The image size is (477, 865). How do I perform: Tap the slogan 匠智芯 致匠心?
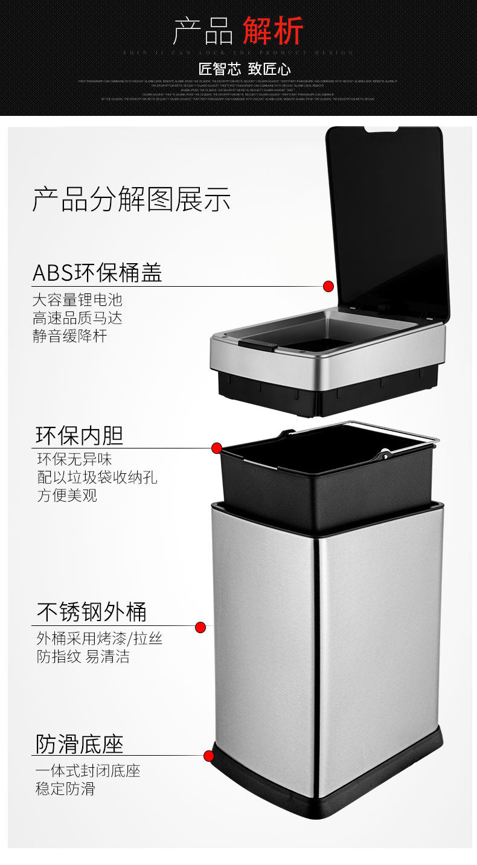[x=245, y=68]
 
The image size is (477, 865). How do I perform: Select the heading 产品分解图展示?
[x=131, y=199]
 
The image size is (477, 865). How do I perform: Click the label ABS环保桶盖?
[x=97, y=273]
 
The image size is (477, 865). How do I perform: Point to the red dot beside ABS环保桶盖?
[x=328, y=286]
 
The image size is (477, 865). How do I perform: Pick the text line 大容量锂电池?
[x=77, y=300]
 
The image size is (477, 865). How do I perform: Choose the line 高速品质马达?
[x=77, y=318]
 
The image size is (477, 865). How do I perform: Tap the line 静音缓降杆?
[x=69, y=336]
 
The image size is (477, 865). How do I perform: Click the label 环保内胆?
[x=79, y=435]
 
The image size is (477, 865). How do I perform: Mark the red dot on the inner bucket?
[x=217, y=448]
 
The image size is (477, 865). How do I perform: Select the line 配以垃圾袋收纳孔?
[x=97, y=477]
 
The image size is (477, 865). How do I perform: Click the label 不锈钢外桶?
[x=91, y=612]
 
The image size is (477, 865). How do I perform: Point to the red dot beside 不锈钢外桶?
[x=200, y=627]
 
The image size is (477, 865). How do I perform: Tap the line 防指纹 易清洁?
[x=83, y=656]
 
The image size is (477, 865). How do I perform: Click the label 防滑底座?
[x=79, y=744]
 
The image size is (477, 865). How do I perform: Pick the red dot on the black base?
[x=209, y=756]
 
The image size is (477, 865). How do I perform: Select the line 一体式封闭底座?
[x=88, y=771]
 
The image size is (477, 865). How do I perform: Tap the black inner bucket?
[x=326, y=489]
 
